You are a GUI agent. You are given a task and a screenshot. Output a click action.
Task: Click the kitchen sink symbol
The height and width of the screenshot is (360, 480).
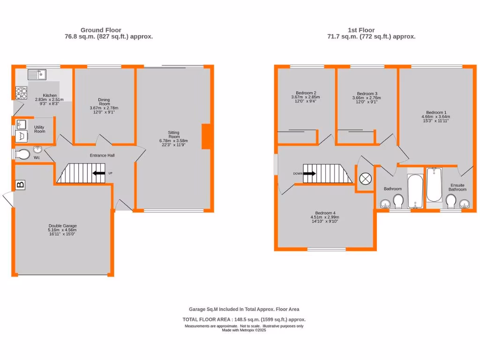pos(37,74)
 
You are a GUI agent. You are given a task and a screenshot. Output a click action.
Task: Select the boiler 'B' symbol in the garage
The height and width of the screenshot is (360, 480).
pos(21,185)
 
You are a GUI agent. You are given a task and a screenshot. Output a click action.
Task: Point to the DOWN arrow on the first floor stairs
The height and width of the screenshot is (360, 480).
pos(310,173)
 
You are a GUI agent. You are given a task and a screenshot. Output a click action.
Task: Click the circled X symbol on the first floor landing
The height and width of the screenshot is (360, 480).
pos(365,179)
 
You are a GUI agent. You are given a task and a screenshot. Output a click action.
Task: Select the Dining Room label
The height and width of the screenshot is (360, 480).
pos(104,102)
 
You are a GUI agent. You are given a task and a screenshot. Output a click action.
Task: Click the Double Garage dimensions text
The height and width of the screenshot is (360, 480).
pos(62,232)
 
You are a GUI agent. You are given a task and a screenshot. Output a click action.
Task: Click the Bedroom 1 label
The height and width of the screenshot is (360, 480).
pos(435,112)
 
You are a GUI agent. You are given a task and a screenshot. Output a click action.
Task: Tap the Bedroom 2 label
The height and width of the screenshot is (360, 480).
pos(306,93)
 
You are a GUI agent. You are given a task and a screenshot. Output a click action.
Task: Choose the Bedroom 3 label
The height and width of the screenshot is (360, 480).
pos(367,93)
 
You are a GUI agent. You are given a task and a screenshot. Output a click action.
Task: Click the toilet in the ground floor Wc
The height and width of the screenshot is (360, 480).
pos(22,154)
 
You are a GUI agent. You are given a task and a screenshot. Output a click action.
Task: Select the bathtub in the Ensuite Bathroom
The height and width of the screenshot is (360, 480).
pos(435,185)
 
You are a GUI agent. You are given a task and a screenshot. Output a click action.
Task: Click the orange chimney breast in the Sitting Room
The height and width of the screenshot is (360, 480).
pos(206,137)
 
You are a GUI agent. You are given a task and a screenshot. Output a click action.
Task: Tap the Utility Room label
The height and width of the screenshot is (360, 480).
pos(39,129)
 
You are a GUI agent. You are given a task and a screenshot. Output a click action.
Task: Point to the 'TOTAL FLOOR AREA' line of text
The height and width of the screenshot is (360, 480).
pos(244,319)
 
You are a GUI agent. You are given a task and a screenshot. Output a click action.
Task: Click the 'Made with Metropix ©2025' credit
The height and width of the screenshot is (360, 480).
pos(244,330)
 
